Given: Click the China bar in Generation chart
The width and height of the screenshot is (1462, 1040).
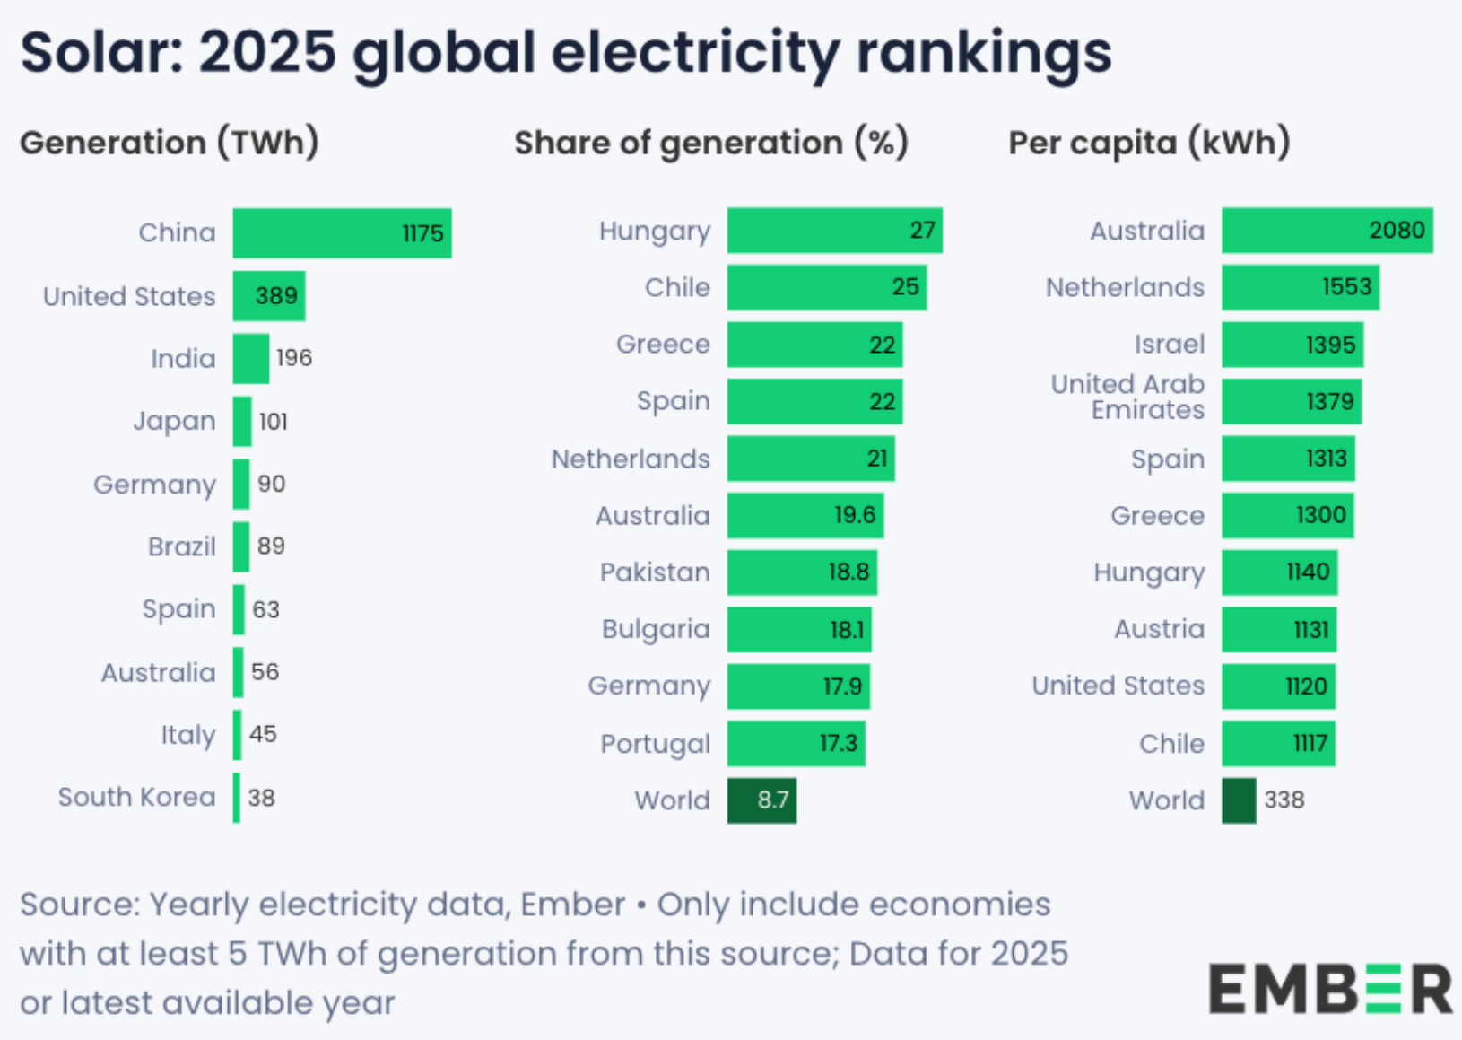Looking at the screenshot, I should (x=341, y=233).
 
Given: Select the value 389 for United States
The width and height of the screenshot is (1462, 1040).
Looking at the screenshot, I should (x=275, y=296).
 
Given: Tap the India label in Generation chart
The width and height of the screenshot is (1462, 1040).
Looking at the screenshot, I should (x=183, y=359).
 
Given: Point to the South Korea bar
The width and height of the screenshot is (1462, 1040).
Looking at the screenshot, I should (x=237, y=798).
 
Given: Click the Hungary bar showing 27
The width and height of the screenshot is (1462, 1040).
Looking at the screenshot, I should (x=834, y=231).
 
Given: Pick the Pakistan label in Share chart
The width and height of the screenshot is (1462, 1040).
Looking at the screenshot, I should (x=655, y=572).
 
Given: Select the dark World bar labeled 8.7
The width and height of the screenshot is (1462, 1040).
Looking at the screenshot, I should (x=761, y=800).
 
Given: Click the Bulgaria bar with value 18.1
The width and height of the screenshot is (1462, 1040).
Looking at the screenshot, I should (x=798, y=629).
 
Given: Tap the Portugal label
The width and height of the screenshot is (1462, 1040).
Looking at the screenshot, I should (x=655, y=744).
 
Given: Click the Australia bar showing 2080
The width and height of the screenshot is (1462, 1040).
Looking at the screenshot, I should (x=1327, y=231).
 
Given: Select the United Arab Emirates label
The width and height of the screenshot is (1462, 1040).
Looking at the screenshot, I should (x=1128, y=397).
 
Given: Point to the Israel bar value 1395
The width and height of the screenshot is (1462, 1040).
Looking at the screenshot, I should (x=1330, y=345).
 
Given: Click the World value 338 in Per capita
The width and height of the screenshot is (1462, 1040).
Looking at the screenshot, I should (x=1284, y=800).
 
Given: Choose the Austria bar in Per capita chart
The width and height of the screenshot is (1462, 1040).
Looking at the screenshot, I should (x=1278, y=629).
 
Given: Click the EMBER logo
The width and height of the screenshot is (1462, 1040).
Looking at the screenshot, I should (x=1329, y=988).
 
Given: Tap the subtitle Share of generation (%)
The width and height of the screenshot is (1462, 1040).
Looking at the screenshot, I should (x=711, y=143).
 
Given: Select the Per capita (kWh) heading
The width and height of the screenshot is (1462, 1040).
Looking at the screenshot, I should (x=1149, y=143).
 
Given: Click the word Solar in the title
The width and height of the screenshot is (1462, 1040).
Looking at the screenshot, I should (x=97, y=52).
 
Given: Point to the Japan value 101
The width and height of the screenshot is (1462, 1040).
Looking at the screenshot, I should (x=274, y=422).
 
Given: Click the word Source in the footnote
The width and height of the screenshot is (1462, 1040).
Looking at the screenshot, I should (x=78, y=905).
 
